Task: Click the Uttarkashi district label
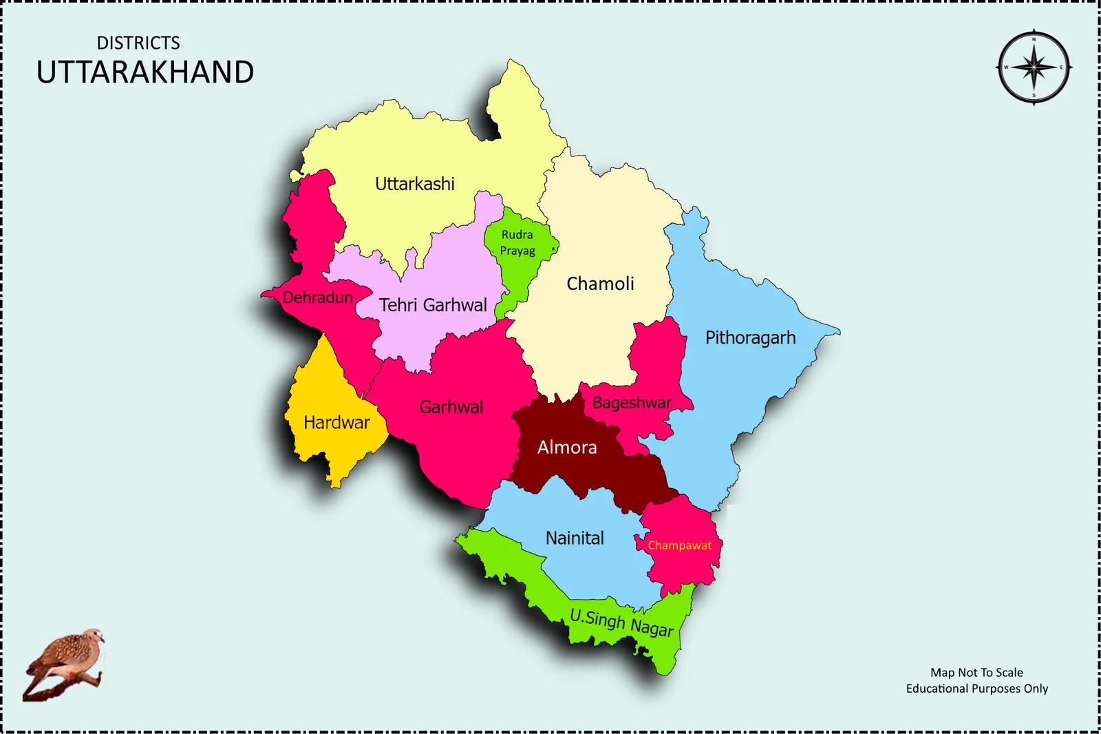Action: tap(414, 184)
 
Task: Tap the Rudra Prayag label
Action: tap(517, 242)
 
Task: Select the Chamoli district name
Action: tap(600, 284)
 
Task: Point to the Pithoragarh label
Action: tap(750, 337)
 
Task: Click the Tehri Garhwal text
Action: tap(433, 305)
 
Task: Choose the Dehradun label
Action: tap(317, 297)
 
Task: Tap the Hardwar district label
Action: tap(336, 422)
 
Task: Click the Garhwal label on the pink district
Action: tap(451, 407)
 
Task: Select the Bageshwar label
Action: tap(632, 403)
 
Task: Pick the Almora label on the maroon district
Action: tap(567, 448)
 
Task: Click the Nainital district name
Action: tap(575, 538)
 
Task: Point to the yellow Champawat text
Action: tap(679, 545)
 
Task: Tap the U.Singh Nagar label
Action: tap(621, 622)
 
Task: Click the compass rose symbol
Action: tap(1034, 67)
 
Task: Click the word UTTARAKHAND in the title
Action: tap(145, 72)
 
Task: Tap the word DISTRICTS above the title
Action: tap(138, 43)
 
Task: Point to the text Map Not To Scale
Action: tap(976, 672)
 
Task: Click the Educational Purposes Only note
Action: tap(976, 689)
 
